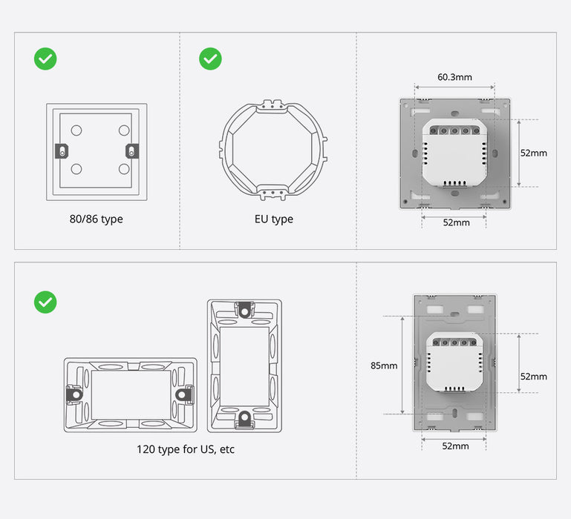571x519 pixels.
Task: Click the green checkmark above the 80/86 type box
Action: pos(46,59)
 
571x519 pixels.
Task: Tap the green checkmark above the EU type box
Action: pos(210,59)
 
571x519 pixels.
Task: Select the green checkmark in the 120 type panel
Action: pos(46,302)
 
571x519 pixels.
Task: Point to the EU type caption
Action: pos(273,219)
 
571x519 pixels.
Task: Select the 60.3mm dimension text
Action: pos(454,77)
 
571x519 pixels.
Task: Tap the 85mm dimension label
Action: pos(384,366)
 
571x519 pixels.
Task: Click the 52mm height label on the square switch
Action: pos(533,153)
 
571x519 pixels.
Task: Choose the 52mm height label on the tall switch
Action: pos(533,377)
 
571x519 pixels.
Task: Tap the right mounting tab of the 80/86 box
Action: pos(131,151)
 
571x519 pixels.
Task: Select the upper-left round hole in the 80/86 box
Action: pos(76,130)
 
